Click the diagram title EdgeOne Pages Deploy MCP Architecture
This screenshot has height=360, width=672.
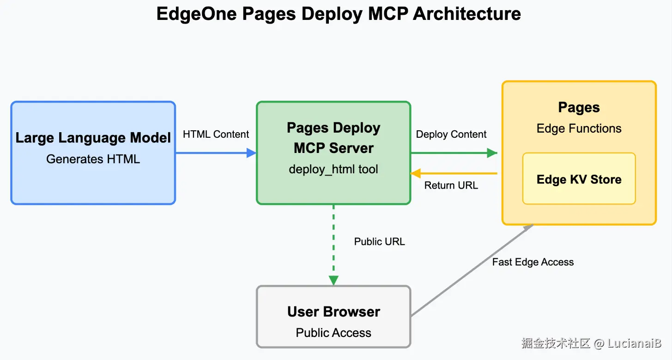point(339,14)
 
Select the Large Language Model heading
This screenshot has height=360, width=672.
point(93,138)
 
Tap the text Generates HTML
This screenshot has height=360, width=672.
point(93,159)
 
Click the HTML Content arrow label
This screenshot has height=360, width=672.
point(216,134)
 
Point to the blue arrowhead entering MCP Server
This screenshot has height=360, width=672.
point(251,153)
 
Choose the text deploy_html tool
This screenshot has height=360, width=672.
point(333,169)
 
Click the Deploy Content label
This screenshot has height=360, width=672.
point(451,134)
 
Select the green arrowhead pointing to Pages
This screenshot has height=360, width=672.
point(492,153)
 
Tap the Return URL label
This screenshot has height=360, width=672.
point(451,185)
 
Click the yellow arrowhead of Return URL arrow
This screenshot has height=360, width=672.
point(416,173)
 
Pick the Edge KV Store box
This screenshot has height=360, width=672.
point(579,179)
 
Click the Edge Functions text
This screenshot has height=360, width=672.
point(579,128)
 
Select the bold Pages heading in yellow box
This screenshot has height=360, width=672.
point(579,108)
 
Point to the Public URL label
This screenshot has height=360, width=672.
point(380,242)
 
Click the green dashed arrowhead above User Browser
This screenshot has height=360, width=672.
point(333,281)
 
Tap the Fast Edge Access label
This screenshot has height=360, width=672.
point(533,262)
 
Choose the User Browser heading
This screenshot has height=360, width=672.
point(333,311)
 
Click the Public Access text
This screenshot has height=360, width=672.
point(333,333)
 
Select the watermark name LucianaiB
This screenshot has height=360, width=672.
point(635,343)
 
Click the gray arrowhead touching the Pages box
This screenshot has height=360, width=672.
point(529,227)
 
